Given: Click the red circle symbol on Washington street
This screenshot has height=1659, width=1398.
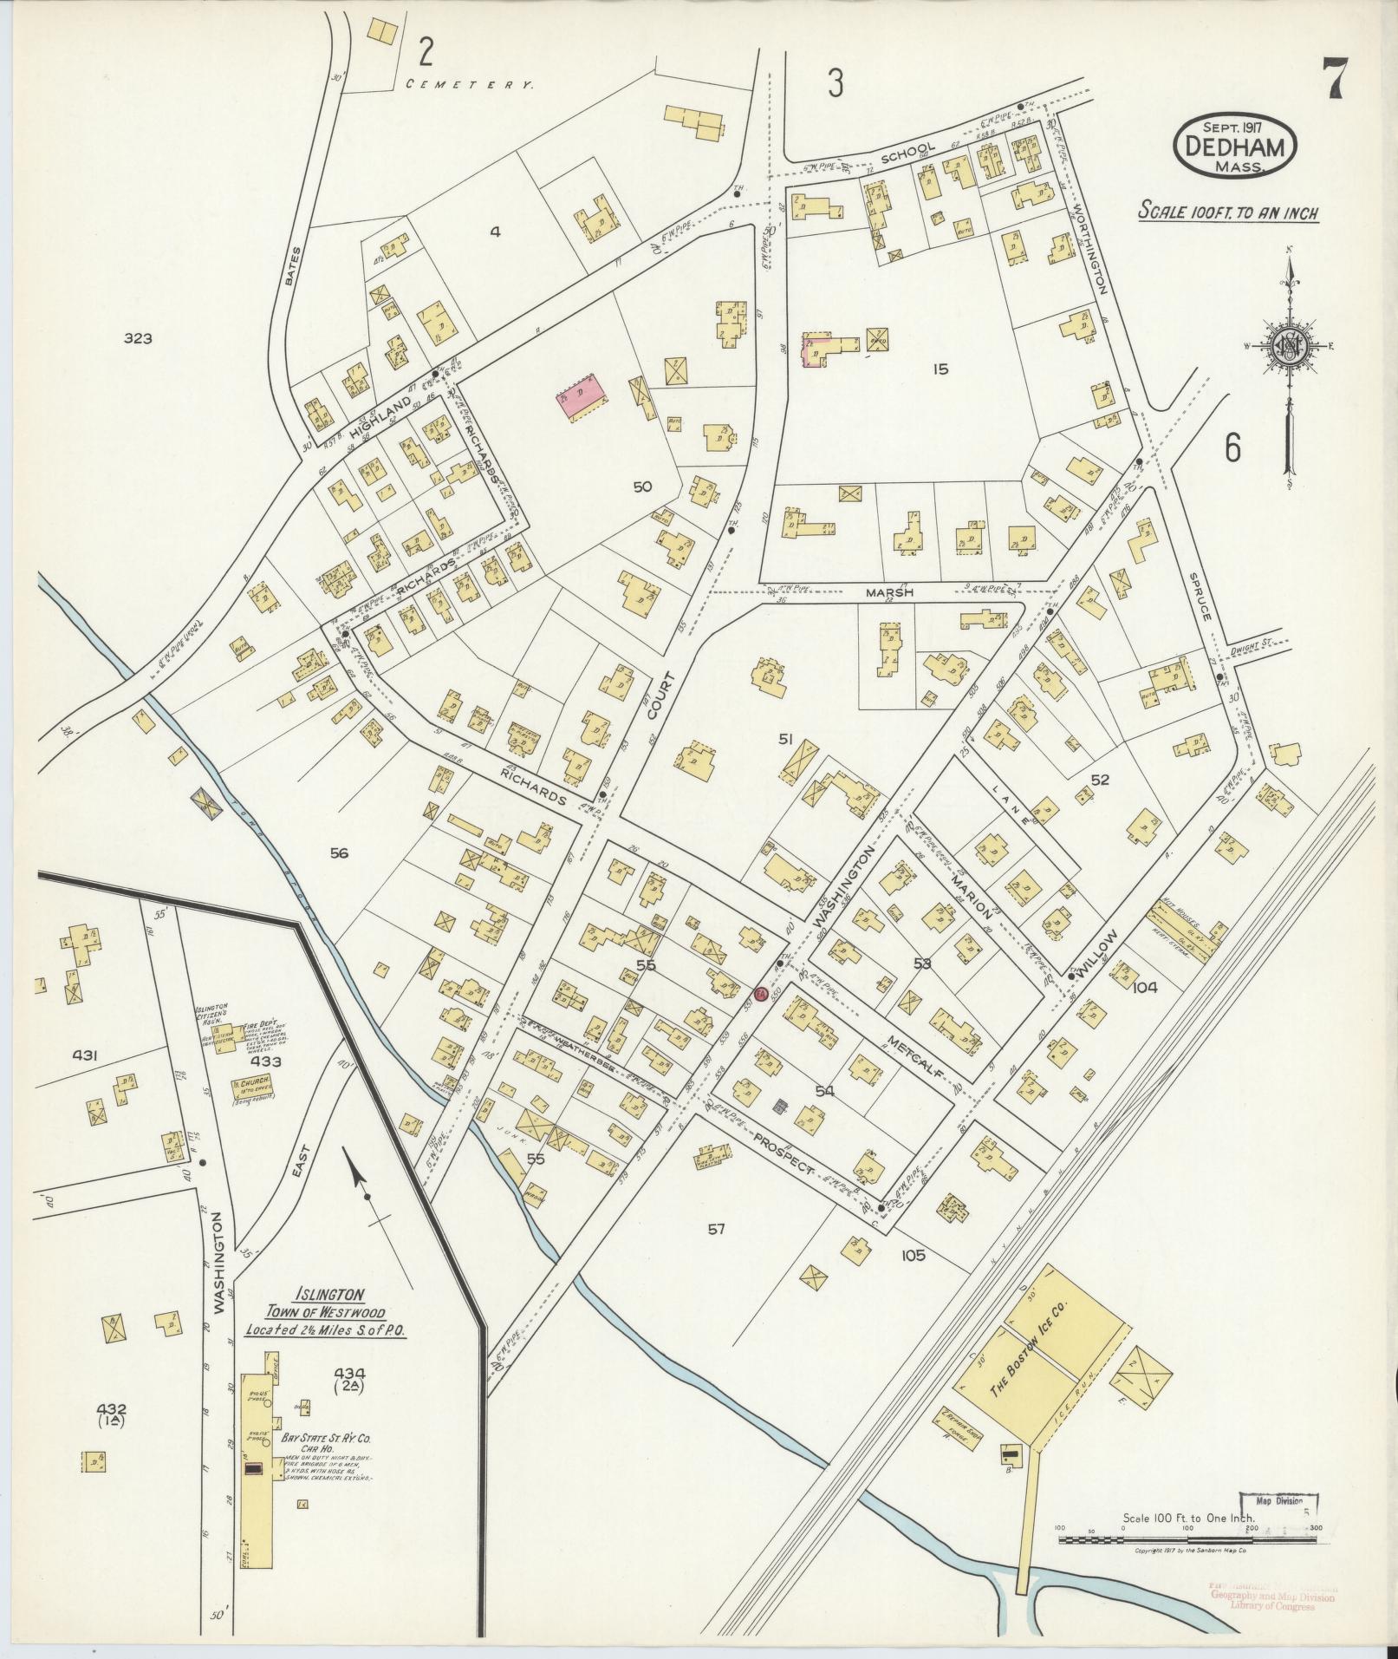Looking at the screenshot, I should click(x=760, y=994).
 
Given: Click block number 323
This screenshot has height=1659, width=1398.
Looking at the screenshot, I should click(x=137, y=338).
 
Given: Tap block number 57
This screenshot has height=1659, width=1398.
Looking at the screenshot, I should click(x=715, y=1228).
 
